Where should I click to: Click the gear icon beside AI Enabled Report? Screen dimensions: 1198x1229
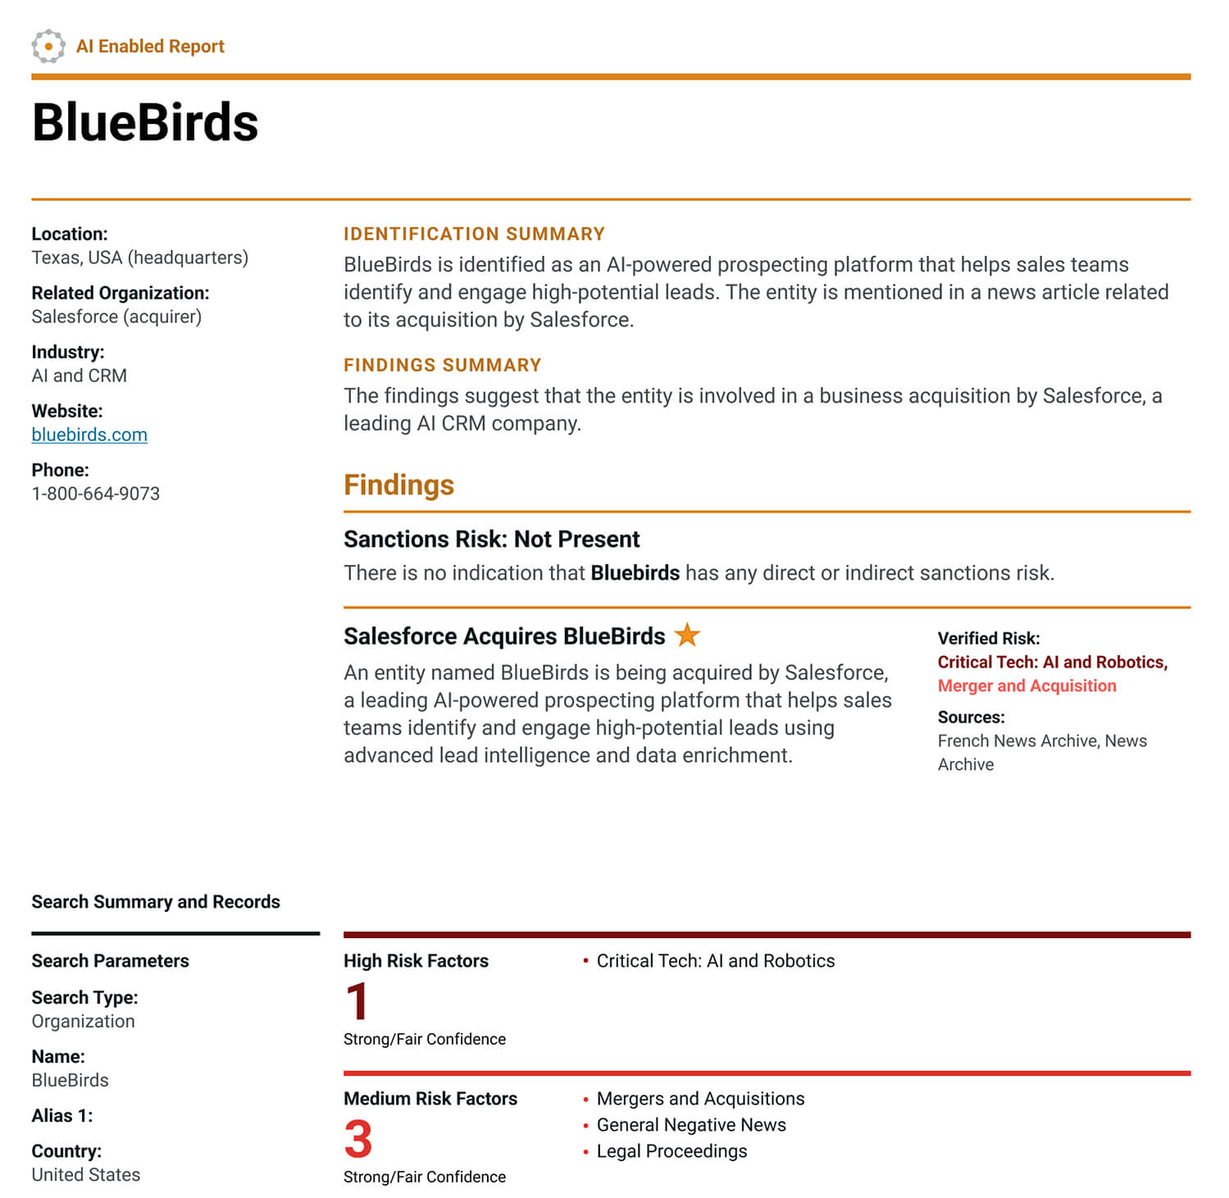coord(48,46)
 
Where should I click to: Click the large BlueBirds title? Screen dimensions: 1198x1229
coord(145,123)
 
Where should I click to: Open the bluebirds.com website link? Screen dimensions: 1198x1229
coord(89,435)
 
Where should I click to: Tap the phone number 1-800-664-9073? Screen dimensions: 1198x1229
coord(95,494)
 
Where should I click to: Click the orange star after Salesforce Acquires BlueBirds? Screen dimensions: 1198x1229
coord(687,634)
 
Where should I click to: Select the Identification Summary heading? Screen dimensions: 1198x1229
coord(474,234)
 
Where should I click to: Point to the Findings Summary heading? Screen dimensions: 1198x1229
coord(442,365)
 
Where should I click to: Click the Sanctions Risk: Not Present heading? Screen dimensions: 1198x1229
coord(491,539)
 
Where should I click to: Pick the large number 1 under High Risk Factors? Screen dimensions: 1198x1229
coord(357,1001)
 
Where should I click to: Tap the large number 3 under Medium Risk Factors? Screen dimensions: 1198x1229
coord(358,1139)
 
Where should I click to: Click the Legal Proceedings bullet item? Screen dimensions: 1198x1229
coord(671,1151)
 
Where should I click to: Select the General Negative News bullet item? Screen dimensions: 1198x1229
coord(691,1125)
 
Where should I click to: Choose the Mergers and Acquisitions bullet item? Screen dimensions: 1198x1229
coord(700,1099)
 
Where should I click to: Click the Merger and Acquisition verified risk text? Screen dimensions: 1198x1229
coord(1026,686)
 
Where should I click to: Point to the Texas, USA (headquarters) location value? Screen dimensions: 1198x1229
coord(139,257)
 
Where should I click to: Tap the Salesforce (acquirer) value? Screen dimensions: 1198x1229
coord(116,317)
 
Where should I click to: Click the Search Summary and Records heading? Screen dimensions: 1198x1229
coord(156,902)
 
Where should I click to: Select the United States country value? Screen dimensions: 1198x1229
coord(86,1174)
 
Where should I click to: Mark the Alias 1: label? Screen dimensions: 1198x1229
coord(62,1116)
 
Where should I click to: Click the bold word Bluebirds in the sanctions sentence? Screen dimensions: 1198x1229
coord(635,572)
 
